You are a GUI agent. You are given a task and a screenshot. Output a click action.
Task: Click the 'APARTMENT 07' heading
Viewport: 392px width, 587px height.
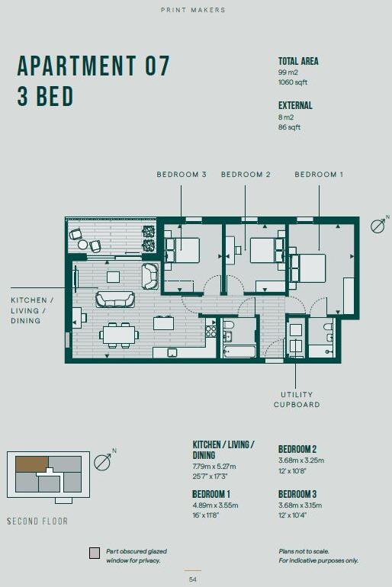[x=93, y=66]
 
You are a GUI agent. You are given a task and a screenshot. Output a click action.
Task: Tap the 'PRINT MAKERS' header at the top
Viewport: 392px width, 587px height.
[x=194, y=10]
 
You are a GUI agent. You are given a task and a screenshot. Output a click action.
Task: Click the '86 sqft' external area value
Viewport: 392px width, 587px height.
[x=290, y=127]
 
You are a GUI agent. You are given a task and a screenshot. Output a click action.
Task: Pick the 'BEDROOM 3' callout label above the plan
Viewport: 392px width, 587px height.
[x=182, y=175]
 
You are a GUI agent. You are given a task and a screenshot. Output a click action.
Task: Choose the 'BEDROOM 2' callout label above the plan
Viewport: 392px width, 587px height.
[x=246, y=175]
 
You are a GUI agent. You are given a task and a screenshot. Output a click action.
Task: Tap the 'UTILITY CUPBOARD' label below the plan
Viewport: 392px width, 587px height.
[x=297, y=399]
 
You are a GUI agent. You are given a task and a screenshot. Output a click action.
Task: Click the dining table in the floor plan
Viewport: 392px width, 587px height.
[x=120, y=333]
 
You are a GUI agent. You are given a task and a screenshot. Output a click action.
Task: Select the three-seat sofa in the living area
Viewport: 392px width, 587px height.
[x=114, y=299]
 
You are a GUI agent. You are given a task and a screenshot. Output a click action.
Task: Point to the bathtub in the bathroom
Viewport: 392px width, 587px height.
[x=239, y=351]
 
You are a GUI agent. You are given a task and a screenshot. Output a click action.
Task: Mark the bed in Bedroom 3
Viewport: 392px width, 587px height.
[x=183, y=249]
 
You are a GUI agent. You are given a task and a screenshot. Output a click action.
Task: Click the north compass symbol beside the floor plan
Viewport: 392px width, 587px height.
[x=378, y=225]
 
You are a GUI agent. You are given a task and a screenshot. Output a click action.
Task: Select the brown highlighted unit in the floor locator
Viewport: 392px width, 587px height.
[x=32, y=464]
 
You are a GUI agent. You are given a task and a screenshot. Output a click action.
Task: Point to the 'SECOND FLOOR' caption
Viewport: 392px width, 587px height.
[x=37, y=521]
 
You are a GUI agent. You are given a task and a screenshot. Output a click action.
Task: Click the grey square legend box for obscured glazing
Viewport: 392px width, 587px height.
[x=95, y=553]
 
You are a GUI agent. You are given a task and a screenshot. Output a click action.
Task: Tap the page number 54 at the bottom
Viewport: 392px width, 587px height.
[x=193, y=579]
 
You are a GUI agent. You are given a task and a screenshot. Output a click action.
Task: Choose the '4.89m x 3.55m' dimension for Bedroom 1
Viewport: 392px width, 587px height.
[x=217, y=505]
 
